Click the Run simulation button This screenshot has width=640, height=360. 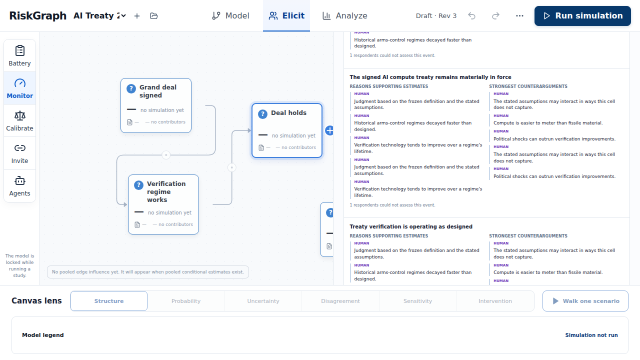pyautogui.click(x=582, y=15)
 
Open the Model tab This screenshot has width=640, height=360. pyautogui.click(x=230, y=15)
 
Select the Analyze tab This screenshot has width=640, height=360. pyautogui.click(x=345, y=15)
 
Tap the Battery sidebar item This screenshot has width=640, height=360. pyautogui.click(x=19, y=55)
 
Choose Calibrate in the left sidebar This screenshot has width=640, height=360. pyautogui.click(x=19, y=121)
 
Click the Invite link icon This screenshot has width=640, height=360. pyautogui.click(x=19, y=148)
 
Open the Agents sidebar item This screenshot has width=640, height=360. pyautogui.click(x=19, y=186)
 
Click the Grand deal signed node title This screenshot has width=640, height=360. pyautogui.click(x=157, y=91)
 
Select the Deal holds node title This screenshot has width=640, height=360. pyautogui.click(x=288, y=113)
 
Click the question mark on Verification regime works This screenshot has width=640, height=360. pyautogui.click(x=138, y=185)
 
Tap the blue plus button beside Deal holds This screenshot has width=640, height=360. pyautogui.click(x=329, y=130)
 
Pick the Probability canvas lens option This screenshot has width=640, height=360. pyautogui.click(x=186, y=301)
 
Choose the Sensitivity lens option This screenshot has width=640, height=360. pyautogui.click(x=417, y=301)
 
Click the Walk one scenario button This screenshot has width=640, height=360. pyautogui.click(x=585, y=301)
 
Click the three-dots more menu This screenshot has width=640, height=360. pyautogui.click(x=519, y=15)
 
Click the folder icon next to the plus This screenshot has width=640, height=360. pyautogui.click(x=154, y=16)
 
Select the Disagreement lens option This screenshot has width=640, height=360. pyautogui.click(x=340, y=301)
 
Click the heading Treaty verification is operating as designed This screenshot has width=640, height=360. pyautogui.click(x=411, y=226)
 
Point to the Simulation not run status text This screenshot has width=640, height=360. pyautogui.click(x=591, y=335)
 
